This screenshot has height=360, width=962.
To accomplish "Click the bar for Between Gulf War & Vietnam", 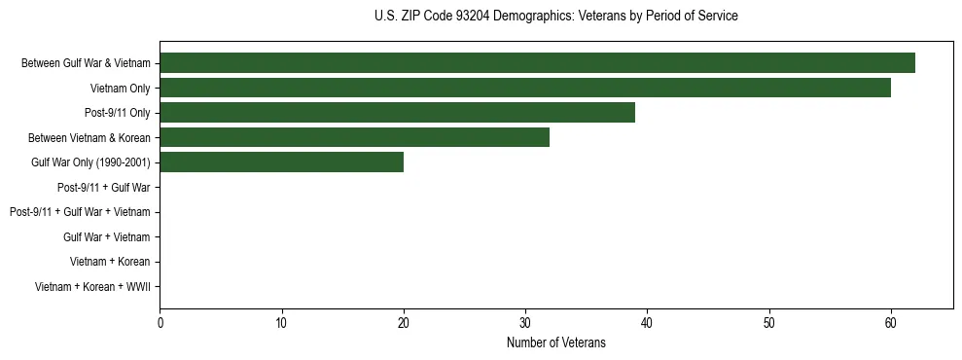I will (x=537, y=63).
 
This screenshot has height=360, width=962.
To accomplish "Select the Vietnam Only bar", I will (x=525, y=89).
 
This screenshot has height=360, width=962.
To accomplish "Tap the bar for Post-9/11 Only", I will (x=397, y=113).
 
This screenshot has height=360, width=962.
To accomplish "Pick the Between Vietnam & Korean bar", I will (x=354, y=137).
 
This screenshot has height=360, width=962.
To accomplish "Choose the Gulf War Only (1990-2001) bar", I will (x=281, y=162).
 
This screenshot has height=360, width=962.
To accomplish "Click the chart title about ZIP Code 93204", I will (x=555, y=17).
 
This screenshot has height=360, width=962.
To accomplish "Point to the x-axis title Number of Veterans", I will (x=555, y=342).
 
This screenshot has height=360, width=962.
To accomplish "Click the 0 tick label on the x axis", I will (x=160, y=322).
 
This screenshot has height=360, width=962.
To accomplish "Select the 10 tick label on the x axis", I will (x=281, y=322).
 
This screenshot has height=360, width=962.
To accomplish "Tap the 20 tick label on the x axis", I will (x=404, y=322).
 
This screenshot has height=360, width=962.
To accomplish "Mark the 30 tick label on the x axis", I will (x=525, y=322).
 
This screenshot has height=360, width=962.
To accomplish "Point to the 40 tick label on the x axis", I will (x=647, y=322).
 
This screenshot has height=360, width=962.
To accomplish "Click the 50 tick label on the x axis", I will (x=768, y=322).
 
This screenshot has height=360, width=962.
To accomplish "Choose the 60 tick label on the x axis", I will (x=890, y=322).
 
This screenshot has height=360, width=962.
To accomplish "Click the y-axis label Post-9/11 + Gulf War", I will (x=103, y=187).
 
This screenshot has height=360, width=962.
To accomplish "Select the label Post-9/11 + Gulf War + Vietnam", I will (x=80, y=212).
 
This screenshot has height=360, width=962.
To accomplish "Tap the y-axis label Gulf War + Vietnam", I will (x=106, y=236).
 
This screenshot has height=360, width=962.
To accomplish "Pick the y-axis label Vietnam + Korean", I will (x=110, y=262).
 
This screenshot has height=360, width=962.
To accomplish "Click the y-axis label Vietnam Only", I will (x=120, y=89).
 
